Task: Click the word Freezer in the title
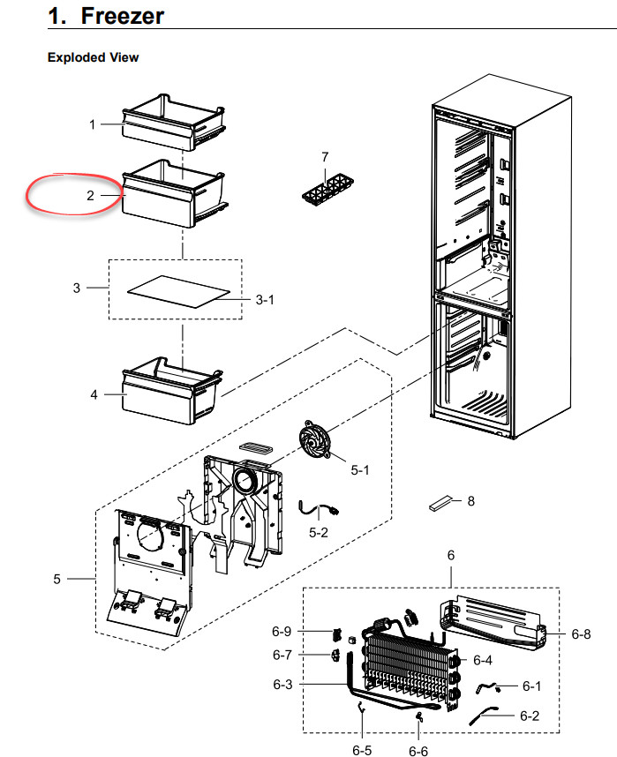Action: pyautogui.click(x=122, y=16)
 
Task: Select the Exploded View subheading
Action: pyautogui.click(x=94, y=57)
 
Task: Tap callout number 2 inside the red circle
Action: pyautogui.click(x=90, y=196)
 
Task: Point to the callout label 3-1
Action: pyautogui.click(x=265, y=300)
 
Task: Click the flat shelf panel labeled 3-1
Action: pyautogui.click(x=179, y=292)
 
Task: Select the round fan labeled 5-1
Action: pyautogui.click(x=314, y=438)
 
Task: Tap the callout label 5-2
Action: pyautogui.click(x=319, y=533)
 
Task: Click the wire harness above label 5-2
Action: pyautogui.click(x=318, y=509)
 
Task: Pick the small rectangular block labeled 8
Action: pyautogui.click(x=441, y=503)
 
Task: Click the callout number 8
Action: pyautogui.click(x=471, y=501)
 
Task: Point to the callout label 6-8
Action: pyautogui.click(x=581, y=633)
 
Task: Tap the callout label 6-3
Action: pyautogui.click(x=282, y=685)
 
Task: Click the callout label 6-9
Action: pyautogui.click(x=282, y=632)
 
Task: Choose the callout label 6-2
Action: pyautogui.click(x=530, y=716)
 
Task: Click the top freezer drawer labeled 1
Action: pyautogui.click(x=174, y=123)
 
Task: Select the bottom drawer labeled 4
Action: pyautogui.click(x=172, y=391)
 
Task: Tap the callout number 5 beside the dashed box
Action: pyautogui.click(x=57, y=579)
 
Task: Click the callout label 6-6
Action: pyautogui.click(x=418, y=751)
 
